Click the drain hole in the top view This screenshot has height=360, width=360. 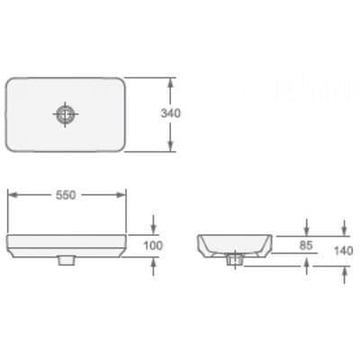pyautogui.click(x=66, y=114)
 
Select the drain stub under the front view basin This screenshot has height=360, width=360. pyautogui.click(x=66, y=260)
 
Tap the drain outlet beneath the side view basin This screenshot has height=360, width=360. pyautogui.click(x=235, y=260)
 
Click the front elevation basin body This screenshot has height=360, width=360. pyautogui.click(x=66, y=245)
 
